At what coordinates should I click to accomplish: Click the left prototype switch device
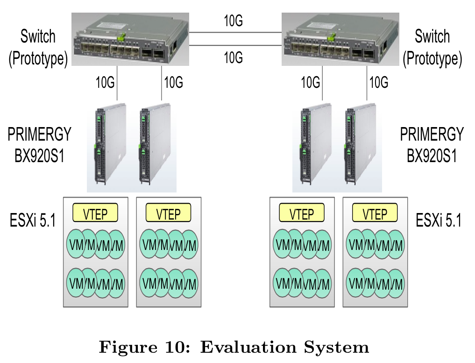[129, 39]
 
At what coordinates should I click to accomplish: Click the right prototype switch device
[340, 39]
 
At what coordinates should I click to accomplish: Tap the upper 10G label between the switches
[233, 21]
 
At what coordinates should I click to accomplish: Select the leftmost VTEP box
[95, 214]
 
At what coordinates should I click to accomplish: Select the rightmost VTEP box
[375, 214]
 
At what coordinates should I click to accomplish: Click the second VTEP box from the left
[168, 214]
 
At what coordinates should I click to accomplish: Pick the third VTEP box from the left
[302, 214]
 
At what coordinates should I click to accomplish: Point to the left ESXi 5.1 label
[33, 220]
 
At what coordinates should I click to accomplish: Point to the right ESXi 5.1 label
[439, 220]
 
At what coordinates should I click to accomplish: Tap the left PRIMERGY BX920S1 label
[39, 145]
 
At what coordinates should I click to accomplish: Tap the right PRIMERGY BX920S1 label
[432, 145]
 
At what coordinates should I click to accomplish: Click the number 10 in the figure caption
[180, 347]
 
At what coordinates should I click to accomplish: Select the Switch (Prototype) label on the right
[432, 48]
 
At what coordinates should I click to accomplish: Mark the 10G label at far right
[379, 83]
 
